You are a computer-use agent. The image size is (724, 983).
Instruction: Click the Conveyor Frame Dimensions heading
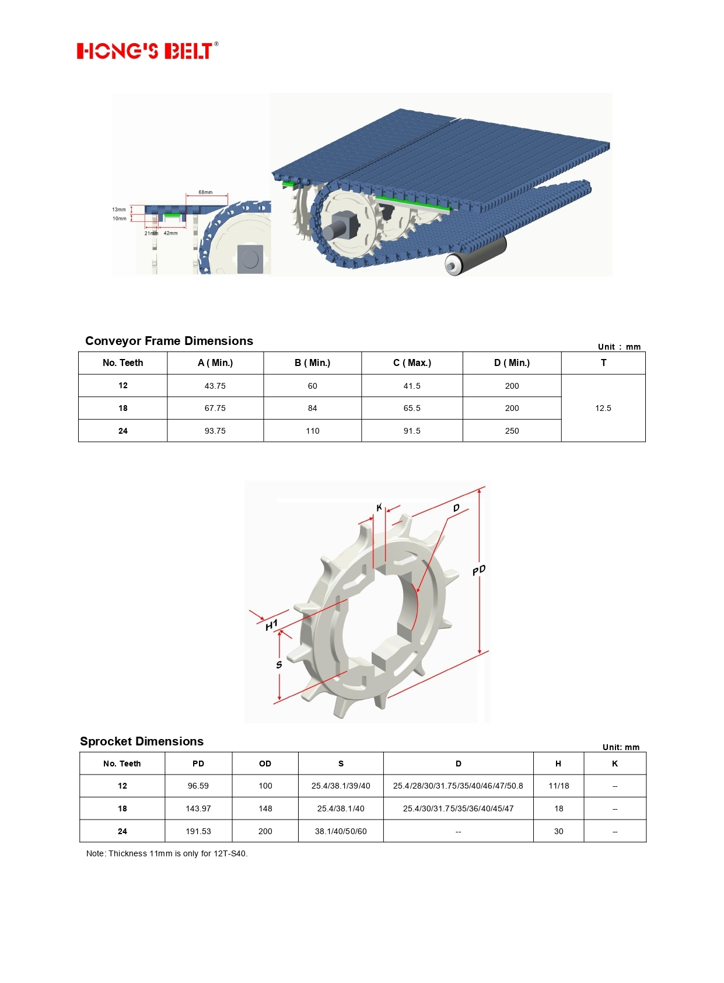(x=169, y=341)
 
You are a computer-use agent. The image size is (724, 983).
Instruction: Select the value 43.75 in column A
(x=215, y=386)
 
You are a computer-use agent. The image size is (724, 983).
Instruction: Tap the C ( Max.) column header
(x=412, y=363)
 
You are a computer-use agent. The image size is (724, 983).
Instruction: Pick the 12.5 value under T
(x=603, y=408)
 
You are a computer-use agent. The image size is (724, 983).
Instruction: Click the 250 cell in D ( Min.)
(x=512, y=431)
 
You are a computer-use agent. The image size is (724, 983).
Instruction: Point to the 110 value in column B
(x=313, y=431)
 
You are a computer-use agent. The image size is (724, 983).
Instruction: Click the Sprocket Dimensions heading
(x=142, y=741)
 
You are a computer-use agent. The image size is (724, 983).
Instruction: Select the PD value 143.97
(x=198, y=808)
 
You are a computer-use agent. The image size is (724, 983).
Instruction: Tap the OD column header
(x=265, y=764)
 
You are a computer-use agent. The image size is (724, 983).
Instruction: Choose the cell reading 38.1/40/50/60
(x=341, y=831)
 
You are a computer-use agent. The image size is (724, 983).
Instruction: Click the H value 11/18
(x=558, y=786)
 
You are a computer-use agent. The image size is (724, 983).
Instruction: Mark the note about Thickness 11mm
(x=167, y=853)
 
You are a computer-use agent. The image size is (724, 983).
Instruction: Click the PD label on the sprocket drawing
(x=479, y=570)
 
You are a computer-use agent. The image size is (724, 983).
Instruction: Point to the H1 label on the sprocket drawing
(x=271, y=625)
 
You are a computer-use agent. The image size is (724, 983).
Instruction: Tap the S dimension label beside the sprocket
(x=279, y=665)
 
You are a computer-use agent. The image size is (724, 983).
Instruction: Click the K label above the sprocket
(x=379, y=507)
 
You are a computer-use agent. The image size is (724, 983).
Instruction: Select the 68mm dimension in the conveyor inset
(x=205, y=192)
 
